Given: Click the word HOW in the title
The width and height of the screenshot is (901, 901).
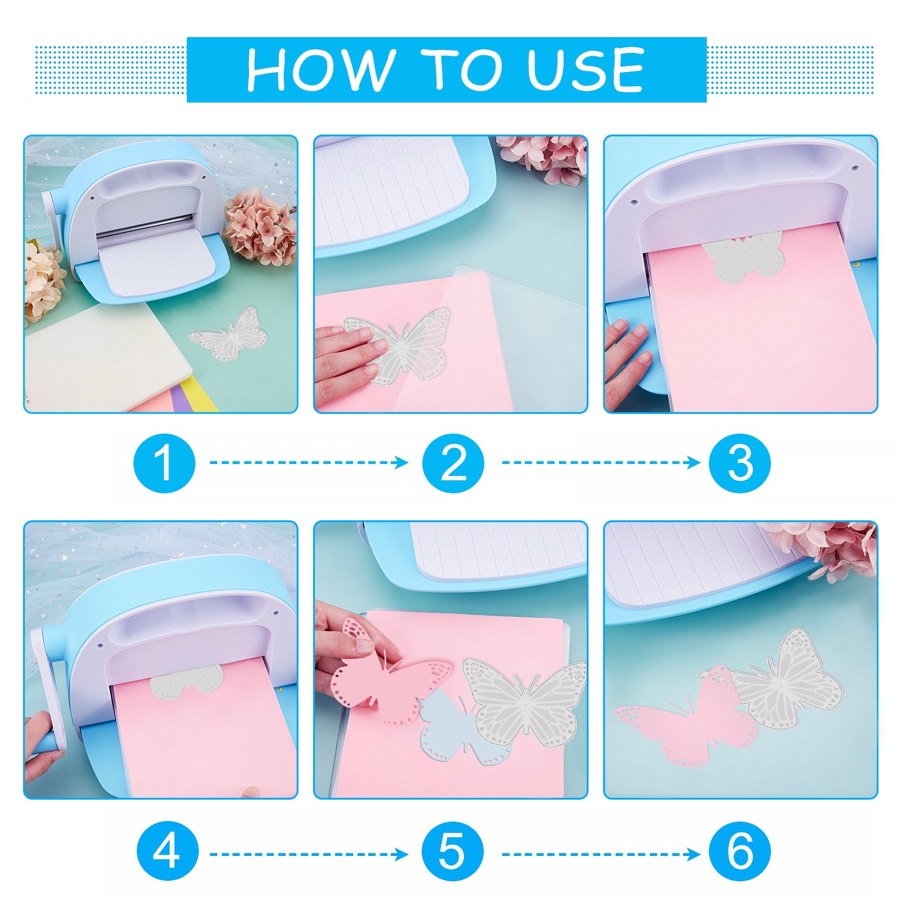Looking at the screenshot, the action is pos(320,69).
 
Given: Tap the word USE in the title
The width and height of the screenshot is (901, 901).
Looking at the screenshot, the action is pos(585,69).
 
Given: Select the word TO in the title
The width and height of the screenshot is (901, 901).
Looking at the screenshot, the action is pos(461,69).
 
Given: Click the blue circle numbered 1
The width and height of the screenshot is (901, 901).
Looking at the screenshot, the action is pos(164,463).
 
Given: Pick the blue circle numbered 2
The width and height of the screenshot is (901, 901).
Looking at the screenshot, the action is pos(453,463).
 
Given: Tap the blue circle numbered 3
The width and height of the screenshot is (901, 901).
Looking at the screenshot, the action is pos(740,463).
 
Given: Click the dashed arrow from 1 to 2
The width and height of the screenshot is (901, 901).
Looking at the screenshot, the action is pos(309,463).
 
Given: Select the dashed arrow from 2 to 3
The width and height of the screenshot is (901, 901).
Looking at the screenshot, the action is pos(601,463).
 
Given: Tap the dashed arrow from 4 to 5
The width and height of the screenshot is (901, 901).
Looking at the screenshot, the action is pos(309,855).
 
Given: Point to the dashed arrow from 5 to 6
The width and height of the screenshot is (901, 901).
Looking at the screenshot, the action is pos(601,855).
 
